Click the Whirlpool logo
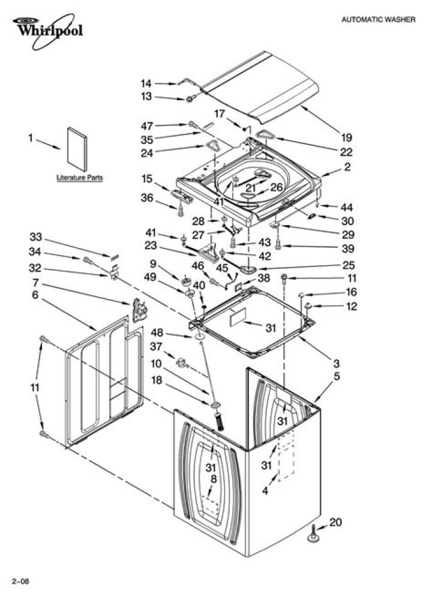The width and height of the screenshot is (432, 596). pos(47,31)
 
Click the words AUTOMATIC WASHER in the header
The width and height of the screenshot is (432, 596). pos(378,19)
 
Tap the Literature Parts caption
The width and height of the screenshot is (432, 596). pos(79,178)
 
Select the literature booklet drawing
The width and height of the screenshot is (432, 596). pos(77,149)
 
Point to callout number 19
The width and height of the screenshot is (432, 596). pos(346,137)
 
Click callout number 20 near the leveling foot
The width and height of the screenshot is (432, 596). pos(335,523)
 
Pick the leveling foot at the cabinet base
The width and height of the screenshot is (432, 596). pos(313,534)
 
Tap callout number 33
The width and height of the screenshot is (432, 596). pos(36,237)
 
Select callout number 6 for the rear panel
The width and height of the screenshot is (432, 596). pos(35,295)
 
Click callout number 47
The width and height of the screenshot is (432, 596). pos(147,126)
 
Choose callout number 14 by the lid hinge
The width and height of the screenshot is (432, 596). pos(146,83)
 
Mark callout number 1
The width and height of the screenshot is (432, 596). pos(31,137)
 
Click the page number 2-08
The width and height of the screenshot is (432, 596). pos(20,581)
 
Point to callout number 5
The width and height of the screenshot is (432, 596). pos(337,377)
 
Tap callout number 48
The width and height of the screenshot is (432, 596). pos(157,333)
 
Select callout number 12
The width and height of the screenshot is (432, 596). pos(352,306)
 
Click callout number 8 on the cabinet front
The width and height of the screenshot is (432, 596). pos(213,479)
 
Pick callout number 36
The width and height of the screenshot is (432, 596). pos(147,197)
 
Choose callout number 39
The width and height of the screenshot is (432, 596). pos(347,248)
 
